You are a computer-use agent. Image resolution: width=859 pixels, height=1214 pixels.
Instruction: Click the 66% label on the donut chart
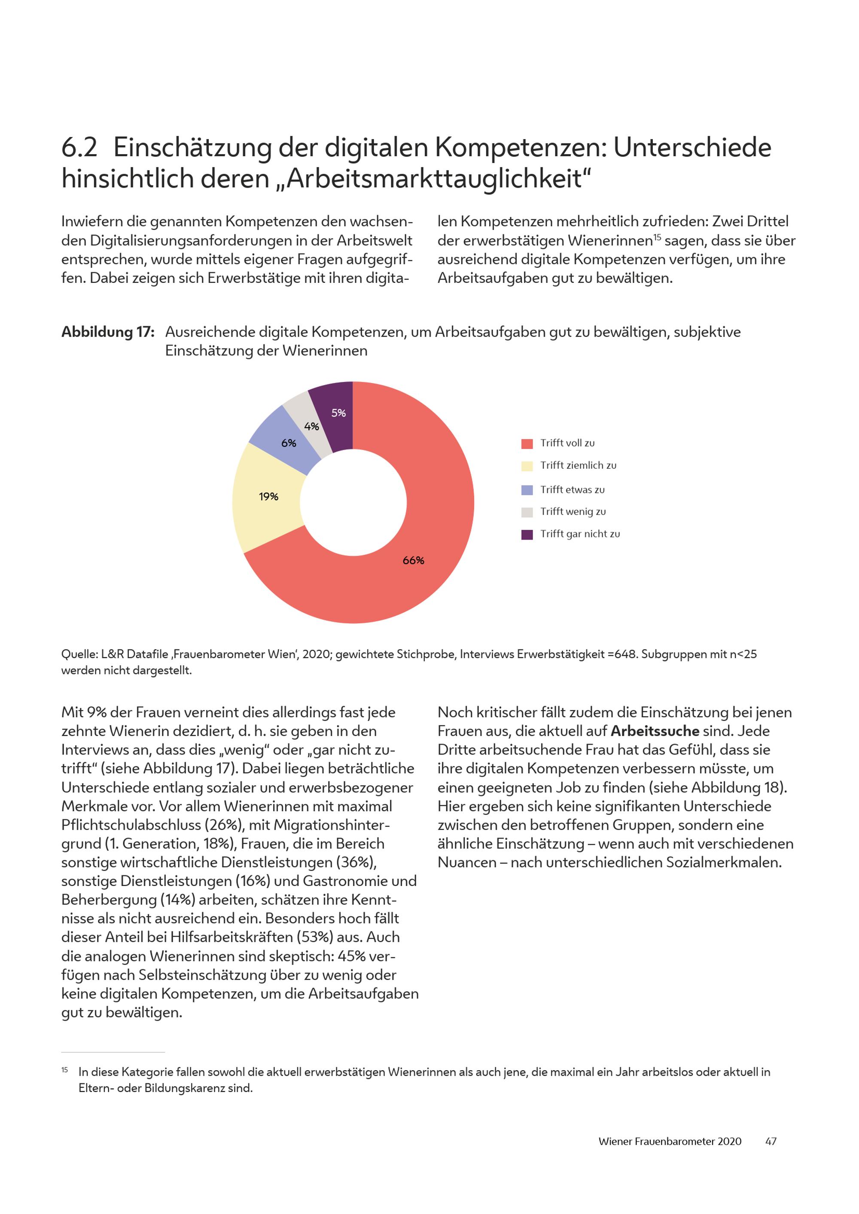413,561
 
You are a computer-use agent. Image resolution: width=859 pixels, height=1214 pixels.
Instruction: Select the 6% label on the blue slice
288,443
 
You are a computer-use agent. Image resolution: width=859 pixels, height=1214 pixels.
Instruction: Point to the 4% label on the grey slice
311,426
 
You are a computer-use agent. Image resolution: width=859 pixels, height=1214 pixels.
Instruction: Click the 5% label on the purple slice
338,413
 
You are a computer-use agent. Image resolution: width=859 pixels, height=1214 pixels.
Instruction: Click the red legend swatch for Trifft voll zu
527,443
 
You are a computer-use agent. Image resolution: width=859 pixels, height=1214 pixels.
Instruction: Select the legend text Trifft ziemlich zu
578,465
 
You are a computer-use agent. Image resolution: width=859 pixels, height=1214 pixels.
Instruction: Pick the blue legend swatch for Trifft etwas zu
527,490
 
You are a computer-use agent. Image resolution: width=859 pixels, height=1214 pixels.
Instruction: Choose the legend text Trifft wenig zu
573,511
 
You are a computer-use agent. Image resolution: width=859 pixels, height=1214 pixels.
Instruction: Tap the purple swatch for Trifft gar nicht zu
527,534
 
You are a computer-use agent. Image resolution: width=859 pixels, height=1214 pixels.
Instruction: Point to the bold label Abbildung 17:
108,332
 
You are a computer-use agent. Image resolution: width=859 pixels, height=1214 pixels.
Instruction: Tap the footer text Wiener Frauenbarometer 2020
670,1141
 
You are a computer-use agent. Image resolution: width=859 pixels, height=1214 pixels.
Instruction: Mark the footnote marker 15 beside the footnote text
64,1070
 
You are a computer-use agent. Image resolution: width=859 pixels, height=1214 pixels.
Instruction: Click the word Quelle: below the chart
79,654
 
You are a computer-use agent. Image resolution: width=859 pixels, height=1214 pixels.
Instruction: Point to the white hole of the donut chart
353,502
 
